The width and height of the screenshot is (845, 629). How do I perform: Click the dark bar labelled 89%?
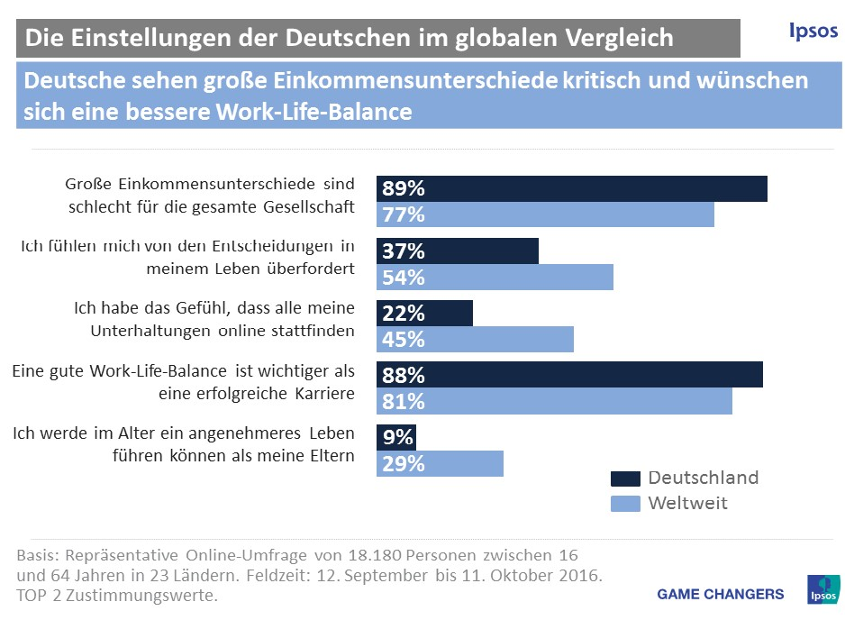571,189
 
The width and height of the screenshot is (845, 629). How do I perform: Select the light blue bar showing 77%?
545,215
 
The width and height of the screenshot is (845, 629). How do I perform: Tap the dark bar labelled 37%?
457,251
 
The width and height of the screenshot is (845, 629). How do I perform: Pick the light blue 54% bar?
495,278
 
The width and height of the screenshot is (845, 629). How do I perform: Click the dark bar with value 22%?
424,313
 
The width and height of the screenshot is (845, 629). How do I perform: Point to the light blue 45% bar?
475,339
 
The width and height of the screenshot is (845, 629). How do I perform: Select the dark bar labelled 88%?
569,375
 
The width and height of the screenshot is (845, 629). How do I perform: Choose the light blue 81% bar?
554,401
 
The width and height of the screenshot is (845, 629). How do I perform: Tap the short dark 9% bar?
396,437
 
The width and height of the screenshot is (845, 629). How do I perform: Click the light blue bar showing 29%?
440,463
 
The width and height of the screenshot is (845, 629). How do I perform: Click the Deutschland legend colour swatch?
625,479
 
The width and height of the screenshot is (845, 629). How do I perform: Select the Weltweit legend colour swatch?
625,504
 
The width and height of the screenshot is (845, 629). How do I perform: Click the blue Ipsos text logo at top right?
808,32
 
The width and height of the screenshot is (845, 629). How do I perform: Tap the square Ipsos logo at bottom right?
822,591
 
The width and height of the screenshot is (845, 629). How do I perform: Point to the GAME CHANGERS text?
721,594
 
